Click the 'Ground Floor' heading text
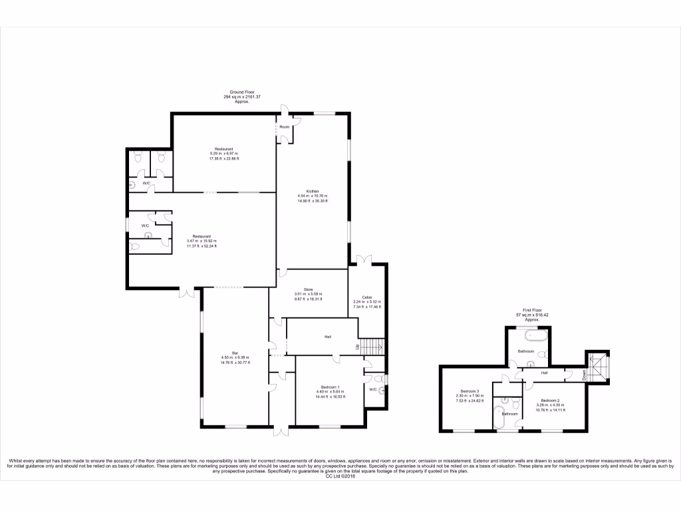point(242,92)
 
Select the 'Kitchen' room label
point(312,191)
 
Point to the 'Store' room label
point(308,289)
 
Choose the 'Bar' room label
point(235,353)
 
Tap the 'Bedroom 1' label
point(329,387)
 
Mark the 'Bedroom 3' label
point(470,391)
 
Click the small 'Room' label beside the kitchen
point(284,126)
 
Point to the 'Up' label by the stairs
point(358,346)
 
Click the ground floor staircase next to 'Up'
point(374,346)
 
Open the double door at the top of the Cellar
point(364,259)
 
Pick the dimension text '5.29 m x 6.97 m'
point(223,154)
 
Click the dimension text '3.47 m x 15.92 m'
point(202,241)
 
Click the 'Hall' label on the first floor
point(544,373)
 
